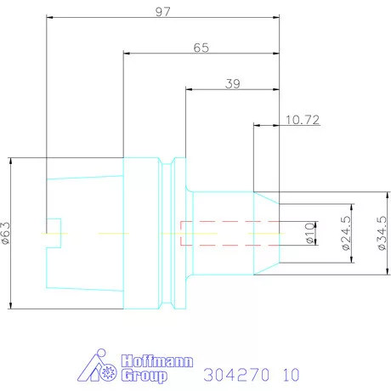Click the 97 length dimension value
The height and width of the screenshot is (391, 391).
pyautogui.click(x=163, y=12)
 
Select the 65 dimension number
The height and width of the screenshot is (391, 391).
pyautogui.click(x=201, y=48)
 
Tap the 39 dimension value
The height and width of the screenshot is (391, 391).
pyautogui.click(x=233, y=83)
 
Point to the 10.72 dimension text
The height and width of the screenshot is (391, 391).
pyautogui.click(x=303, y=120)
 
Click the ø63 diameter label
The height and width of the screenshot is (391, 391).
pyautogui.click(x=6, y=233)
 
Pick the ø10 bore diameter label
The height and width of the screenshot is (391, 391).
pyautogui.click(x=310, y=233)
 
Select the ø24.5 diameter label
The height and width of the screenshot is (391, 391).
pyautogui.click(x=346, y=233)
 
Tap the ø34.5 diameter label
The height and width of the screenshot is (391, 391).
pyautogui.click(x=382, y=233)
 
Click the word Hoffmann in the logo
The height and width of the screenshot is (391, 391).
pyautogui.click(x=157, y=361)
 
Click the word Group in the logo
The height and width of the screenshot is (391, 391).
pyautogui.click(x=144, y=376)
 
